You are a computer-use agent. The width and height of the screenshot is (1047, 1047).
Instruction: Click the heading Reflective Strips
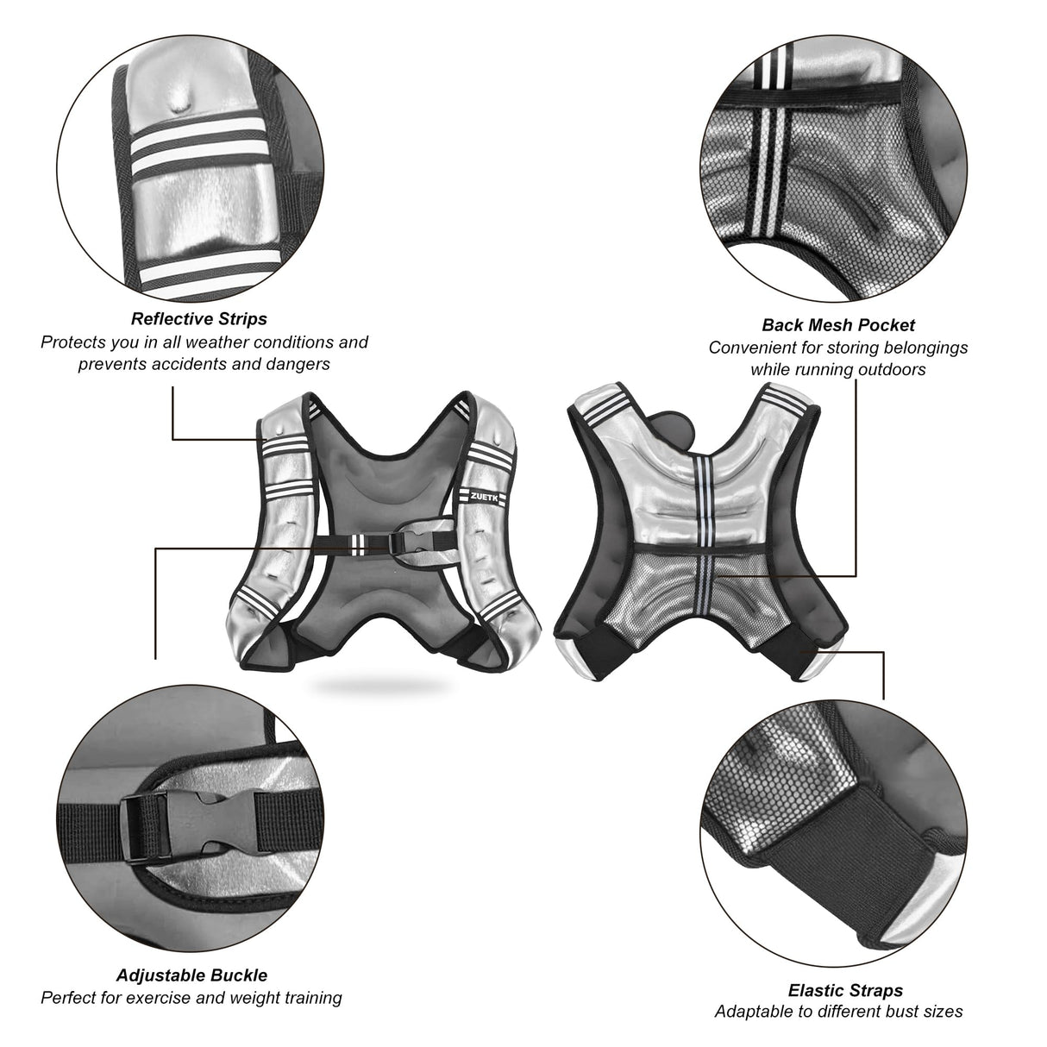tap(199, 319)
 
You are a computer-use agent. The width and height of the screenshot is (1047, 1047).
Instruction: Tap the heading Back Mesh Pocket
tap(837, 325)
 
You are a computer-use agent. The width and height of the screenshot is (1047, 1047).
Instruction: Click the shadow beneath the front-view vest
tap(381, 685)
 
